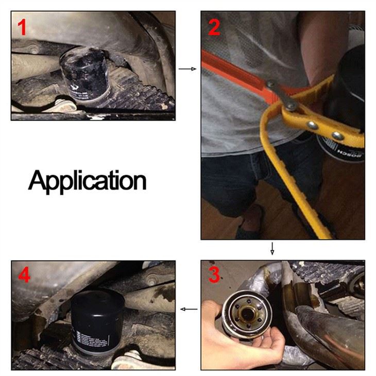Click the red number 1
click(21, 27)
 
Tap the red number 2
click(214, 27)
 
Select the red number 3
click(214, 276)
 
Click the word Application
click(87, 180)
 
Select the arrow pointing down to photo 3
click(272, 249)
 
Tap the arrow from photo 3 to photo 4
click(189, 309)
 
